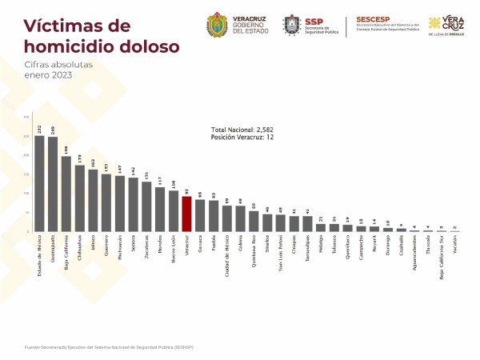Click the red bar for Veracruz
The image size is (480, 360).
coord(186,214)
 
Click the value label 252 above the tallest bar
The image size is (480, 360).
coord(39,129)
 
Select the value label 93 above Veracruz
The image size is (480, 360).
coord(186,191)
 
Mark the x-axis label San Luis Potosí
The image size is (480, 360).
coord(281,252)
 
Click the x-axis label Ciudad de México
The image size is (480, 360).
coord(227,253)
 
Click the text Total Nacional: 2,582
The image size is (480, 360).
coord(244,130)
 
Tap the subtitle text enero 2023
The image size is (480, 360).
coord(48,75)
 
